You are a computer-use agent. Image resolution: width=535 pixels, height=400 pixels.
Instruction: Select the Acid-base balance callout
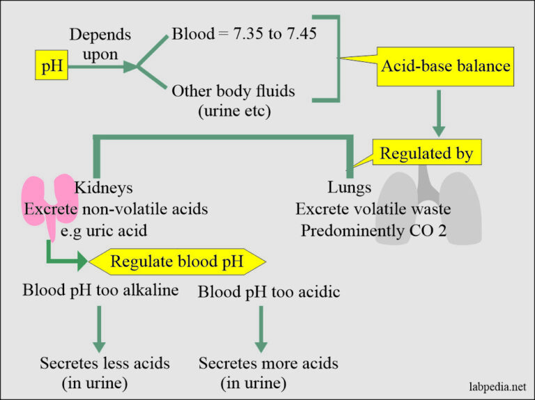click(445, 67)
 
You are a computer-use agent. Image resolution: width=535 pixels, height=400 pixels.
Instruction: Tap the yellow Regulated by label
click(426, 153)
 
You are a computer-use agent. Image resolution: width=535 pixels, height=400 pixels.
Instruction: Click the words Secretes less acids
click(104, 363)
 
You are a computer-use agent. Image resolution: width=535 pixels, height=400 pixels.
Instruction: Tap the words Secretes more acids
click(268, 363)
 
